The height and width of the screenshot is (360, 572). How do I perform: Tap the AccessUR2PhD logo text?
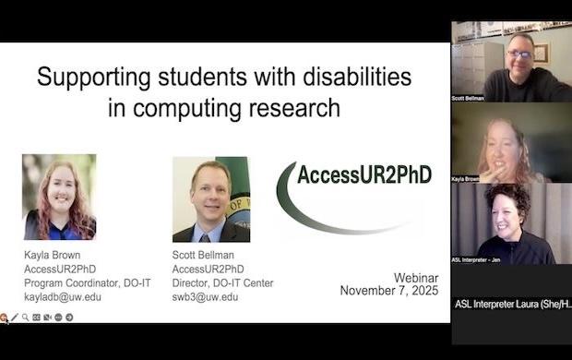[x=363, y=174]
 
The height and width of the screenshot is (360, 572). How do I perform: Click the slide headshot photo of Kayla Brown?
[x=59, y=197]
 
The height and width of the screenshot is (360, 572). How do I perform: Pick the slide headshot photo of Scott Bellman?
[x=210, y=199]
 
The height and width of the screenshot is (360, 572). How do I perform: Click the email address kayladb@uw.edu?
[x=63, y=297]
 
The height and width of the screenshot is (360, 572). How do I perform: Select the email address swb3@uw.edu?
[x=205, y=297]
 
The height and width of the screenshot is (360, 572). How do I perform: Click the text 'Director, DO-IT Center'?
[x=222, y=283]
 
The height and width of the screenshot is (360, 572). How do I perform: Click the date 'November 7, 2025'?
[x=386, y=291]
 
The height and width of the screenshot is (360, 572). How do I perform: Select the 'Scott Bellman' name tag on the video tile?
[x=471, y=96]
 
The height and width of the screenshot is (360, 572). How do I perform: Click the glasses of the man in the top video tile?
[x=519, y=54]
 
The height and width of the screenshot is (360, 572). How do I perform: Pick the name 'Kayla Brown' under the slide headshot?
[x=52, y=256]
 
